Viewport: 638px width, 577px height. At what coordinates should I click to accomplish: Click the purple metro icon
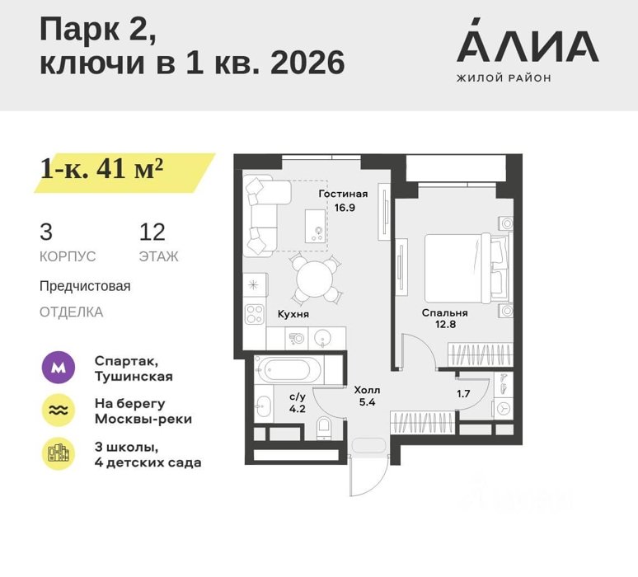click(59, 368)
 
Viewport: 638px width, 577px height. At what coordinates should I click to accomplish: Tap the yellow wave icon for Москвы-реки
click(59, 410)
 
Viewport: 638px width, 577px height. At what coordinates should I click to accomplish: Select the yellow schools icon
click(59, 453)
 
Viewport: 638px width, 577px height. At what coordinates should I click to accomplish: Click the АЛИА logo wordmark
click(528, 40)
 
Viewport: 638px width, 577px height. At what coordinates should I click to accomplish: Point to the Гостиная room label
click(343, 194)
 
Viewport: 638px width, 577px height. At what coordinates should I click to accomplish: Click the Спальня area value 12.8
click(445, 324)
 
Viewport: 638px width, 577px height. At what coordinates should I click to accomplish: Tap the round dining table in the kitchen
click(315, 279)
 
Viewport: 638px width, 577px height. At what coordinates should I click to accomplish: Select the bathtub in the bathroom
click(289, 370)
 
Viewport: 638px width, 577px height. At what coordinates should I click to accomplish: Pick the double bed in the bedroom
click(467, 268)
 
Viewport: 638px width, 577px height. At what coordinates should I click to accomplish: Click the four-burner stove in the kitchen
click(255, 314)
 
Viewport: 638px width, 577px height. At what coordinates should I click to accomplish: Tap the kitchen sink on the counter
click(322, 338)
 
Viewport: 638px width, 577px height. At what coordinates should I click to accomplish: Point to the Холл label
click(367, 390)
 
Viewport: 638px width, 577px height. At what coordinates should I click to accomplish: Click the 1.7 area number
click(463, 393)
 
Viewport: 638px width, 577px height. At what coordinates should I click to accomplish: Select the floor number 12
click(152, 232)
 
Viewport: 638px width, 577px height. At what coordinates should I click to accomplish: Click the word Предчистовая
click(85, 286)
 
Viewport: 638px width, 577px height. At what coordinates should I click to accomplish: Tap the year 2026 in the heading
click(307, 63)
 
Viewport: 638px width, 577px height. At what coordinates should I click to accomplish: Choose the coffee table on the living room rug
click(316, 226)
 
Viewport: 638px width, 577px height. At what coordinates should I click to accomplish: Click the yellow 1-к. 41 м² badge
click(124, 173)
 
